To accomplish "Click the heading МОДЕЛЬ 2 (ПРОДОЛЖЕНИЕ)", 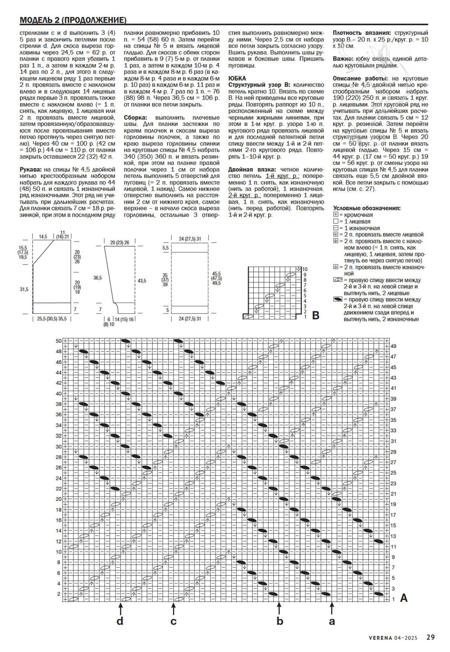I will click(x=73, y=20).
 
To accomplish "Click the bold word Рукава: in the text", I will click(x=30, y=169).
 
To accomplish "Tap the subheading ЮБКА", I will click(x=237, y=79).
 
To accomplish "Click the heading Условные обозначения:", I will click(x=367, y=208).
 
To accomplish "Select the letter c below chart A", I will click(x=173, y=622).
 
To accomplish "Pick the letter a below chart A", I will click(x=332, y=622).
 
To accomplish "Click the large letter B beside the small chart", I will click(x=315, y=316).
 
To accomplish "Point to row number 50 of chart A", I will click(x=59, y=341).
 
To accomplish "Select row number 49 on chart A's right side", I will click(x=393, y=346).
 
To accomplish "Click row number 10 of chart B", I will click(x=305, y=269).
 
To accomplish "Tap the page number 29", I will click(x=430, y=637).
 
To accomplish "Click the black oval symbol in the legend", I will click(x=337, y=299).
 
